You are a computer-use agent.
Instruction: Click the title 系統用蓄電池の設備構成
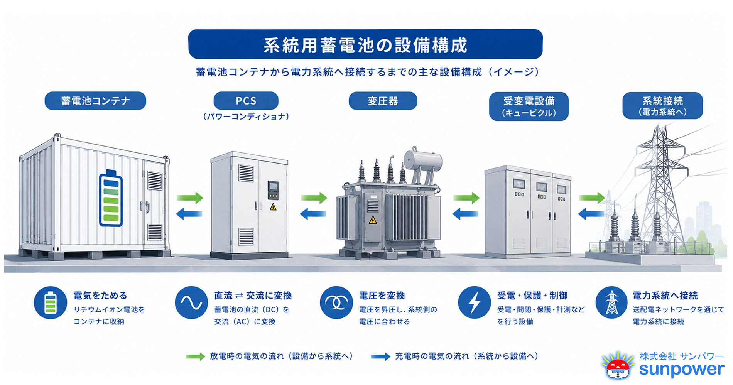(365, 45)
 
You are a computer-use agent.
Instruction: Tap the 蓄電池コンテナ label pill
(95, 101)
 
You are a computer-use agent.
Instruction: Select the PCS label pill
(246, 101)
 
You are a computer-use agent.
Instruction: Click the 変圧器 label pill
(383, 101)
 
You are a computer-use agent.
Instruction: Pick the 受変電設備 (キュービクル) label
(529, 106)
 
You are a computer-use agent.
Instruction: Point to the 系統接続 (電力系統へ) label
(663, 105)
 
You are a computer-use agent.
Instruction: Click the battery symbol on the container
(111, 198)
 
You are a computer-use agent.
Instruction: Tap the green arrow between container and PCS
(190, 198)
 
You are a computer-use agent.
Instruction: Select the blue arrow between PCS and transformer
(313, 213)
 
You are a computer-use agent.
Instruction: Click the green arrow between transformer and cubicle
(466, 198)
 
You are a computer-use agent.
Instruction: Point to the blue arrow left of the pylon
(591, 213)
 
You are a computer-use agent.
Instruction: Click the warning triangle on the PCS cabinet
(273, 207)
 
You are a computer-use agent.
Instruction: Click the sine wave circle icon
(191, 302)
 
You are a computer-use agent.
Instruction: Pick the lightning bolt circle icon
(475, 302)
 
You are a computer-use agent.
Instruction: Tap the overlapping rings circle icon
(336, 302)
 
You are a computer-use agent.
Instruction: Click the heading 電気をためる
(100, 296)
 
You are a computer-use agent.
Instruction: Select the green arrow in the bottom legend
(195, 356)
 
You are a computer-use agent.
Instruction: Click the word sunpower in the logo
(682, 370)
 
